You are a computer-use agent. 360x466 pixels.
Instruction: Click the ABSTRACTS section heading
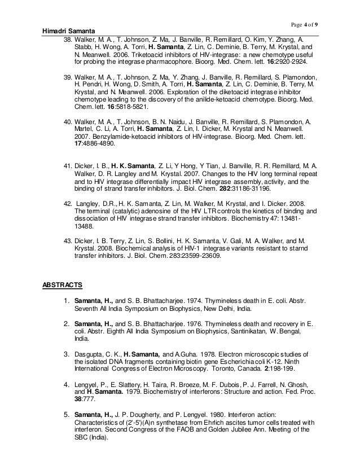click(63, 284)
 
